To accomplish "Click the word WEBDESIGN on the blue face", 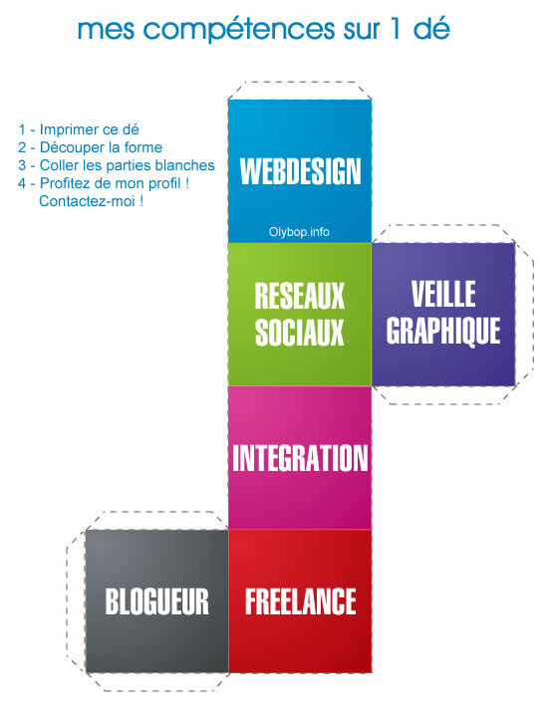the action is click(300, 171).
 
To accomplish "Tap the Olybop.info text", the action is click(299, 232).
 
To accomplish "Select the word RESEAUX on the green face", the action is click(299, 296).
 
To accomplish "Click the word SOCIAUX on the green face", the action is click(299, 332).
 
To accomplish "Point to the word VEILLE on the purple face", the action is click(443, 294).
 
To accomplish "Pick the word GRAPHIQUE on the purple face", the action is click(443, 331).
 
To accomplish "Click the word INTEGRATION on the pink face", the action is click(300, 458).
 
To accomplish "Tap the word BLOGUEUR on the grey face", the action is click(157, 601).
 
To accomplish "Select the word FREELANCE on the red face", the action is click(301, 601).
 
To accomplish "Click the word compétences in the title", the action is click(239, 30).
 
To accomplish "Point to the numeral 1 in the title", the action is click(395, 29).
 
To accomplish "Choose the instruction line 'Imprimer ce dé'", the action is click(90, 129).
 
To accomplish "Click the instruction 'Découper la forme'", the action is click(101, 147).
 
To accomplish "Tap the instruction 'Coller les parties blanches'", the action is click(128, 165).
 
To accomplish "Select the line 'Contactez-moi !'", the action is click(92, 201).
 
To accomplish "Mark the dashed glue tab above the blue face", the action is click(300, 91).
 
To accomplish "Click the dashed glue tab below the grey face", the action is click(156, 682).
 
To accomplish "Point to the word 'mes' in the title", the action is click(106, 30).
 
